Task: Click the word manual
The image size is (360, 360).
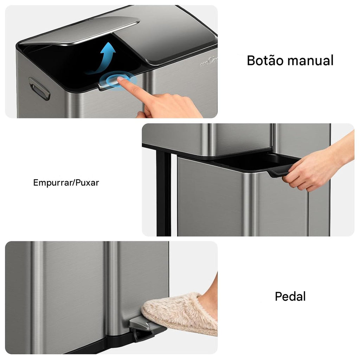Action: point(310,60)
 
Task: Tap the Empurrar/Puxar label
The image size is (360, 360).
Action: point(66,183)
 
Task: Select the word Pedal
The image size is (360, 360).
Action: point(290,296)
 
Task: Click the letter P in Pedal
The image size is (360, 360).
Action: point(278,296)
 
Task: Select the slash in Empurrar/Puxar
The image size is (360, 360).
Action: point(74,183)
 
